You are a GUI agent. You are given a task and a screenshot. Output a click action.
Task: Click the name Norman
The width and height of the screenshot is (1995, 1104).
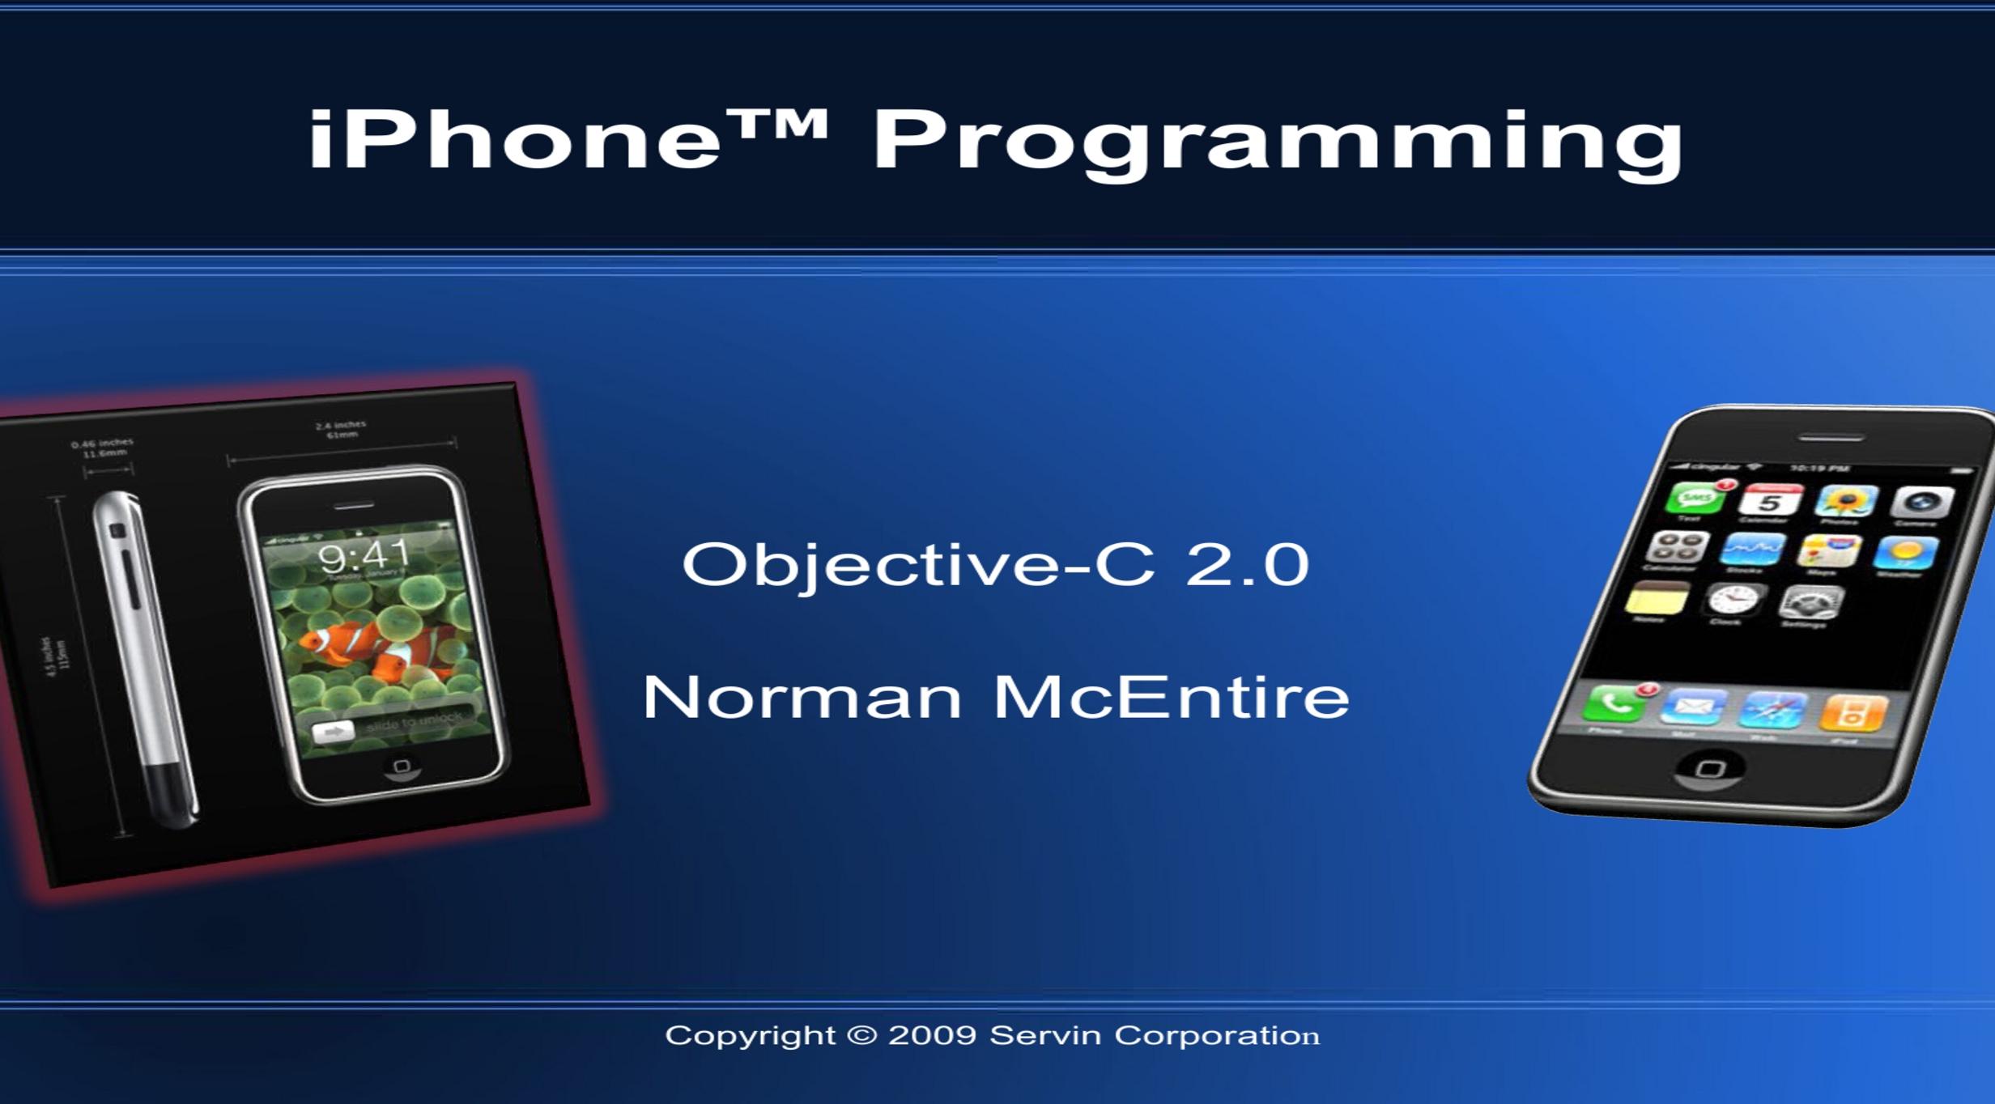point(802,697)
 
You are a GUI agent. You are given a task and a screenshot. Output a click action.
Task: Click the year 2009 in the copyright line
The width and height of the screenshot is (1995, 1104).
point(932,1035)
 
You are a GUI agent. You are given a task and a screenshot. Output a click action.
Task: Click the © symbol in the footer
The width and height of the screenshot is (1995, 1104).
point(861,1035)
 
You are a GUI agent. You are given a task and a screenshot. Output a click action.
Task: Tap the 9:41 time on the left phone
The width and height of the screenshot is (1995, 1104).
point(364,556)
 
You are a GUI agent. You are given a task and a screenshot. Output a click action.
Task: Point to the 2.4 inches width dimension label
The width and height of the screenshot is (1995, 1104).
point(341,429)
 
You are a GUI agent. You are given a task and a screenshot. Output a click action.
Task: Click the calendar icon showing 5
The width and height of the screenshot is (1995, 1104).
point(1770,501)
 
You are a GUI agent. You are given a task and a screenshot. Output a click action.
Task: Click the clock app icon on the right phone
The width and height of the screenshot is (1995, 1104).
point(1733,601)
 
